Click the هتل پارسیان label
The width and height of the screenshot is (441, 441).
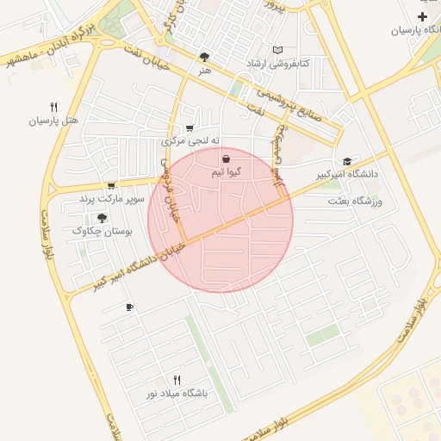click(54, 121)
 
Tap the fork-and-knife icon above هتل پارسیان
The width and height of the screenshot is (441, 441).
click(54, 108)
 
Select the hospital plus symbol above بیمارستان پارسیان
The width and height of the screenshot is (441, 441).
click(422, 17)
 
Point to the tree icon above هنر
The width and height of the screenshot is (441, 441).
click(203, 57)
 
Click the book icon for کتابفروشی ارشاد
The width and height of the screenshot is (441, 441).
click(276, 50)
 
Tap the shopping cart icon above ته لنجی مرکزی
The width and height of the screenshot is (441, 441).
click(189, 128)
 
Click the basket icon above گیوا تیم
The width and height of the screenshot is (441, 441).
click(226, 159)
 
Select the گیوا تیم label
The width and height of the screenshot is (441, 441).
click(226, 172)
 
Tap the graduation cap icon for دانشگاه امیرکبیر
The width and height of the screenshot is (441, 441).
click(347, 161)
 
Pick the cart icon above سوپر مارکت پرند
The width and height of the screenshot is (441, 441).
click(110, 185)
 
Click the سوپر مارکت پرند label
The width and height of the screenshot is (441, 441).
click(110, 199)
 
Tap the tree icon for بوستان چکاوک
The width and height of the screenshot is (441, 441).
click(102, 218)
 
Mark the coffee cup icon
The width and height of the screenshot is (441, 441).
click(129, 307)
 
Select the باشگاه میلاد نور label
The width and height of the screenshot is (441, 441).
click(177, 393)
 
